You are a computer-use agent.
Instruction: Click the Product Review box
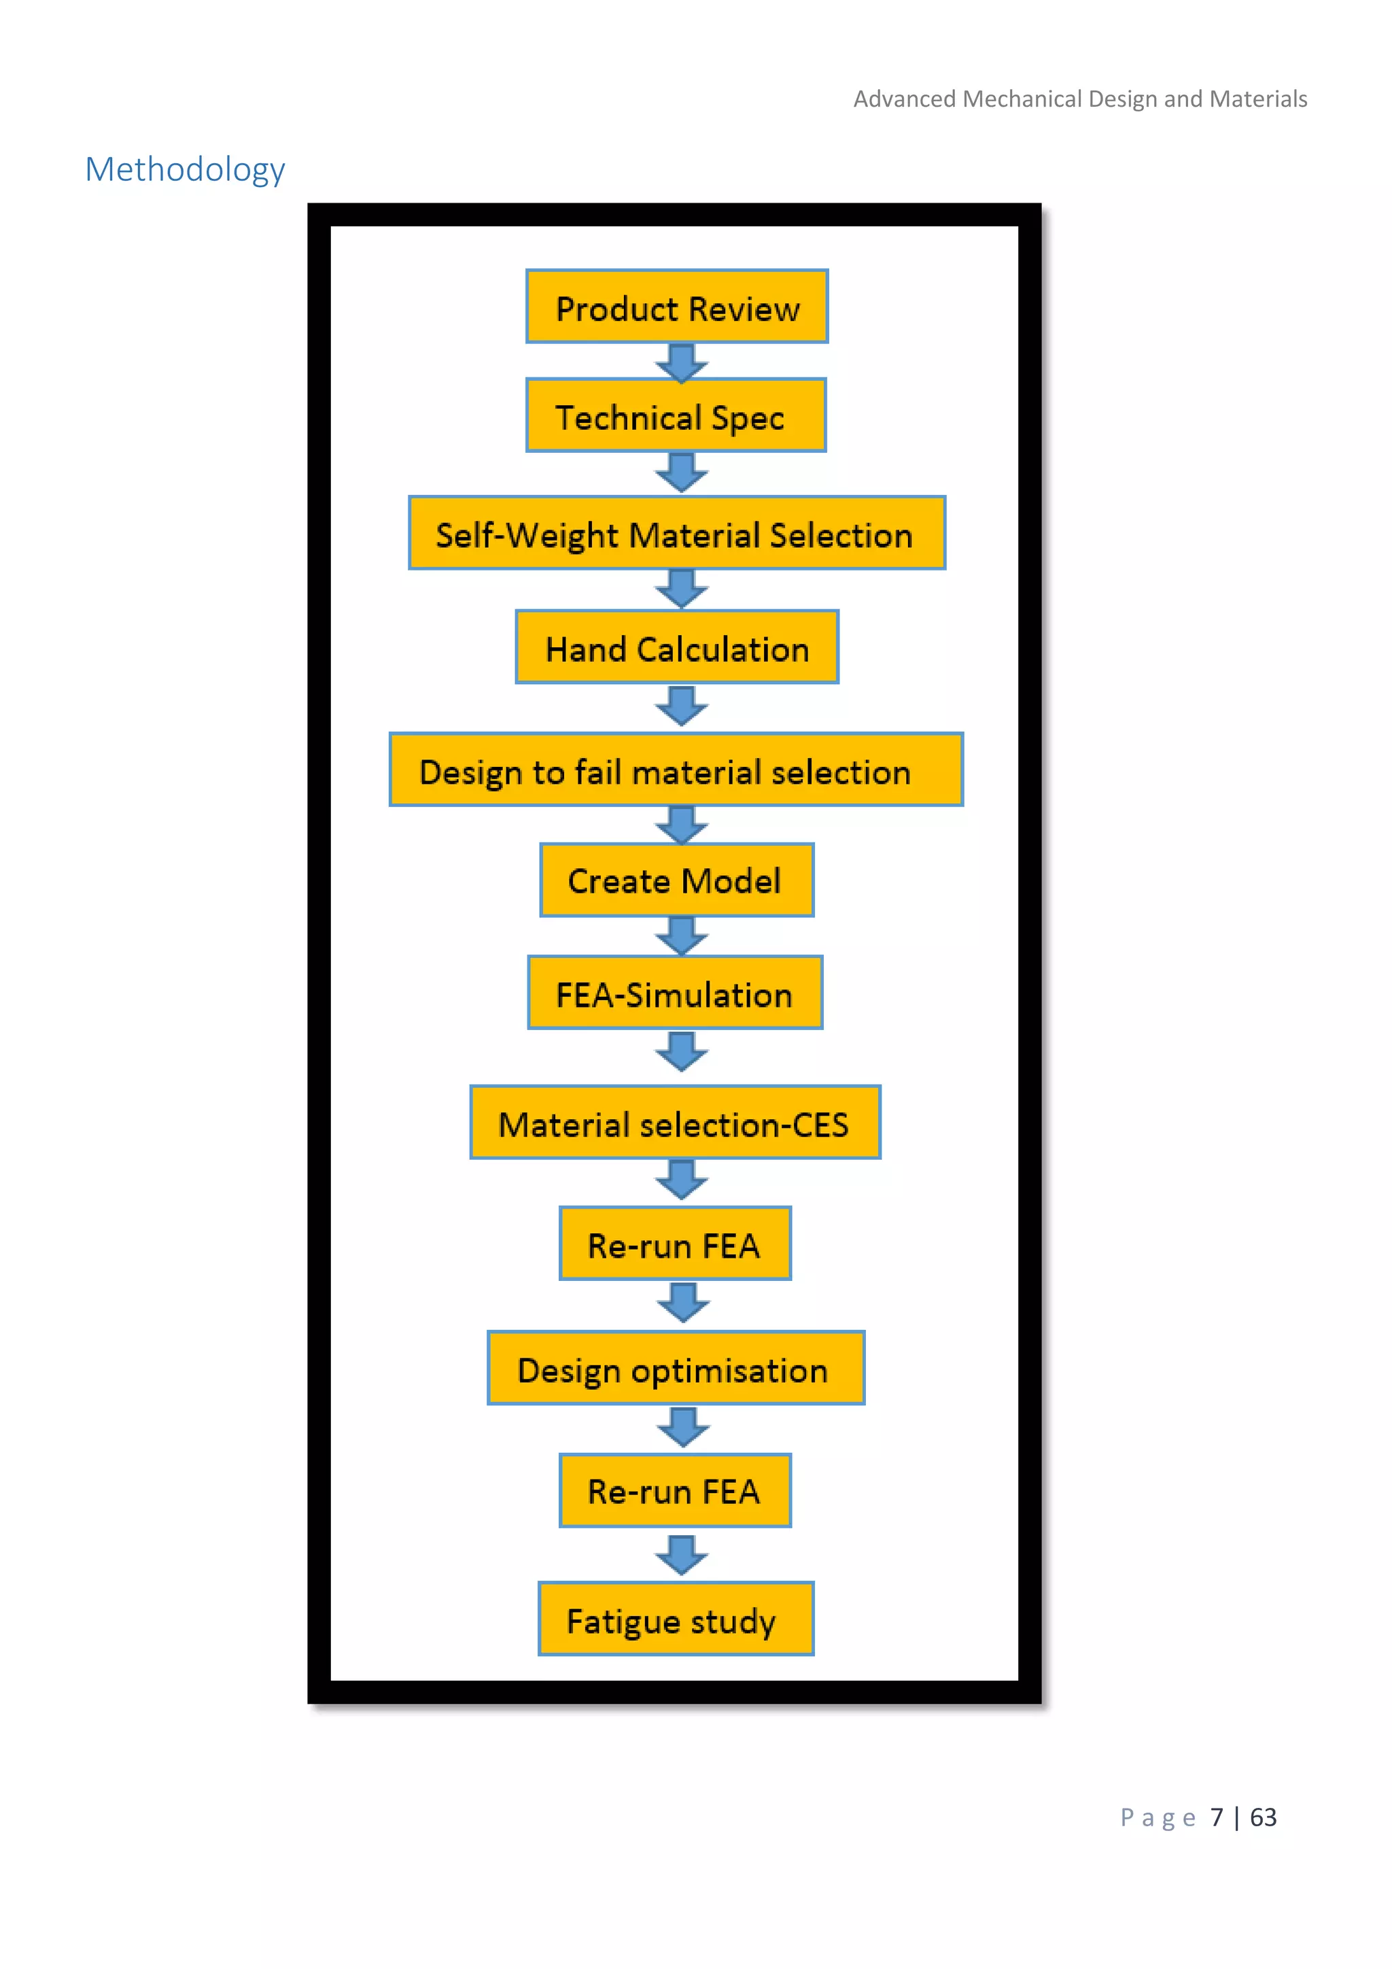coord(676,307)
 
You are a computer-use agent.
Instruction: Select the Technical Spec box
coord(676,416)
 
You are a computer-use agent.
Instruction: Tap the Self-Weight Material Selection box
coord(676,534)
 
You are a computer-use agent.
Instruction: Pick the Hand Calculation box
coord(676,647)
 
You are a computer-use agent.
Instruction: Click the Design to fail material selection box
coord(676,770)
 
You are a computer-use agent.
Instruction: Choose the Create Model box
coord(676,880)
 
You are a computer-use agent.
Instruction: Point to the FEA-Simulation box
coord(674,993)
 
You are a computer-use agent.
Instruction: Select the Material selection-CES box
coord(674,1123)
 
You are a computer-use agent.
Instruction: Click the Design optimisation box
coord(676,1368)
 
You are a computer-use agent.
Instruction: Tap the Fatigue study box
coord(676,1619)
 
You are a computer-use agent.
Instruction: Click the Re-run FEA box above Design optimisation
coord(674,1244)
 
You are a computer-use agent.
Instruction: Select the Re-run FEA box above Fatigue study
coord(674,1490)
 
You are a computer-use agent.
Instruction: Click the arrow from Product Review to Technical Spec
coord(682,362)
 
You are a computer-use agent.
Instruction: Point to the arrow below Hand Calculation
coord(682,706)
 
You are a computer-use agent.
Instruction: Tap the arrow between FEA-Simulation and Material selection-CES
coord(682,1051)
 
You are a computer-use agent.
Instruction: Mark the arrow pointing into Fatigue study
coord(682,1555)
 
